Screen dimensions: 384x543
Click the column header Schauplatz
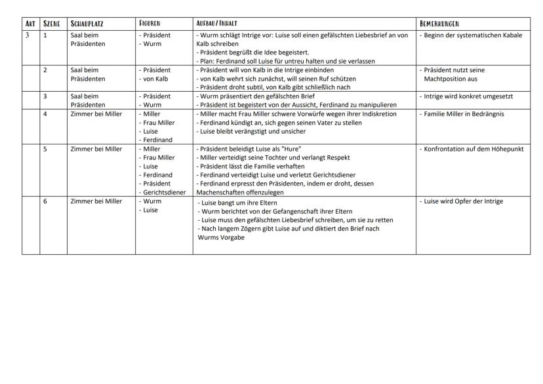pyautogui.click(x=86, y=23)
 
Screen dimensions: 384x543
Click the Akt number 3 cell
pyautogui.click(x=28, y=35)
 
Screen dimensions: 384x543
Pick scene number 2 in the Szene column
pyautogui.click(x=45, y=69)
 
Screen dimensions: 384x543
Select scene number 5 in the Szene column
pyautogui.click(x=45, y=149)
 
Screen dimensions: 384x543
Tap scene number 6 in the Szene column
pyautogui.click(x=45, y=201)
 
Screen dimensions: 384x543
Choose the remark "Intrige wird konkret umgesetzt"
pyautogui.click(x=468, y=96)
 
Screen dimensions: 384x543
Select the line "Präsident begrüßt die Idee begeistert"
pyautogui.click(x=254, y=52)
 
